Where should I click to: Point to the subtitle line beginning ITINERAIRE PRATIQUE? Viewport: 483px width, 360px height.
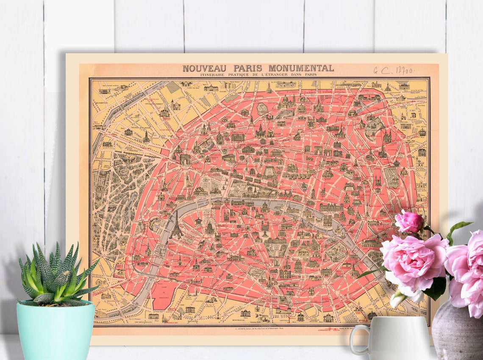(258, 75)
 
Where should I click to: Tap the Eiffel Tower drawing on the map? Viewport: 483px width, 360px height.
(176, 225)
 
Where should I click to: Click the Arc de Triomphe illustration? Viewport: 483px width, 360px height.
(185, 159)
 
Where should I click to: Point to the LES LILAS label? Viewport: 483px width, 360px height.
(421, 126)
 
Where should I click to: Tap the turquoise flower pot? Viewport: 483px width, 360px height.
(56, 330)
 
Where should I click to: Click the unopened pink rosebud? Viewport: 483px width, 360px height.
(409, 222)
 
